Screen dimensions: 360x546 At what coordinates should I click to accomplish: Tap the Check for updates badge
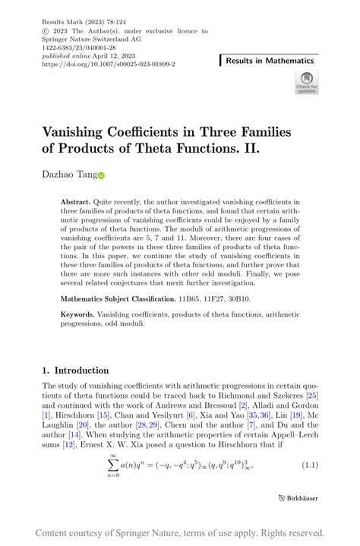[x=307, y=82]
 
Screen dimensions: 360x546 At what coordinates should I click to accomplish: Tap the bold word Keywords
[x=77, y=314]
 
